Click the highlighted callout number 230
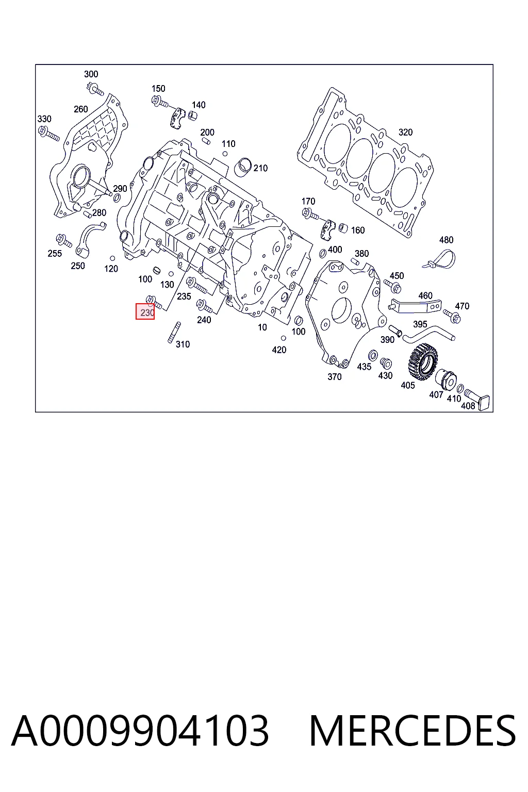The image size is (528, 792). click(x=147, y=312)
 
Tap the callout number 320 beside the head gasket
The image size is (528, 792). click(x=405, y=132)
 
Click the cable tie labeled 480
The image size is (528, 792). click(x=440, y=259)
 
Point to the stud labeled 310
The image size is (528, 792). click(x=174, y=333)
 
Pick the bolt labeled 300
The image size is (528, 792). click(x=95, y=88)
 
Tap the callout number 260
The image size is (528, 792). click(x=80, y=109)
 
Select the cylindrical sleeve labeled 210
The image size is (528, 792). click(x=244, y=168)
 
